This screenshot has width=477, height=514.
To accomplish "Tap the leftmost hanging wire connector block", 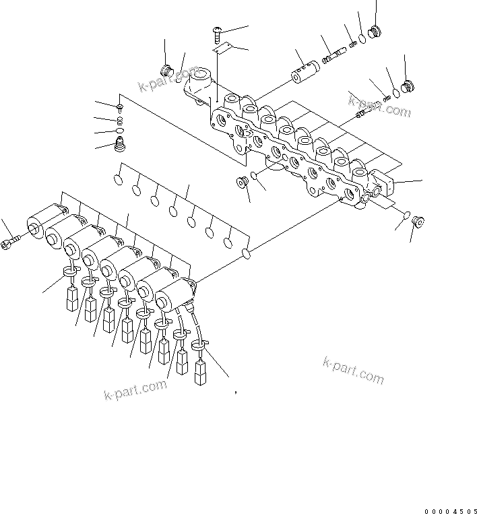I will pos(71,299).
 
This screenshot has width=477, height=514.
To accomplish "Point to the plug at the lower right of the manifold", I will pos(417,220).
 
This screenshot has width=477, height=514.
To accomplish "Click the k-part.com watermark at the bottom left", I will pos(135,390).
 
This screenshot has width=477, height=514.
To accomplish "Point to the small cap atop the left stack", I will pos(120,107).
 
